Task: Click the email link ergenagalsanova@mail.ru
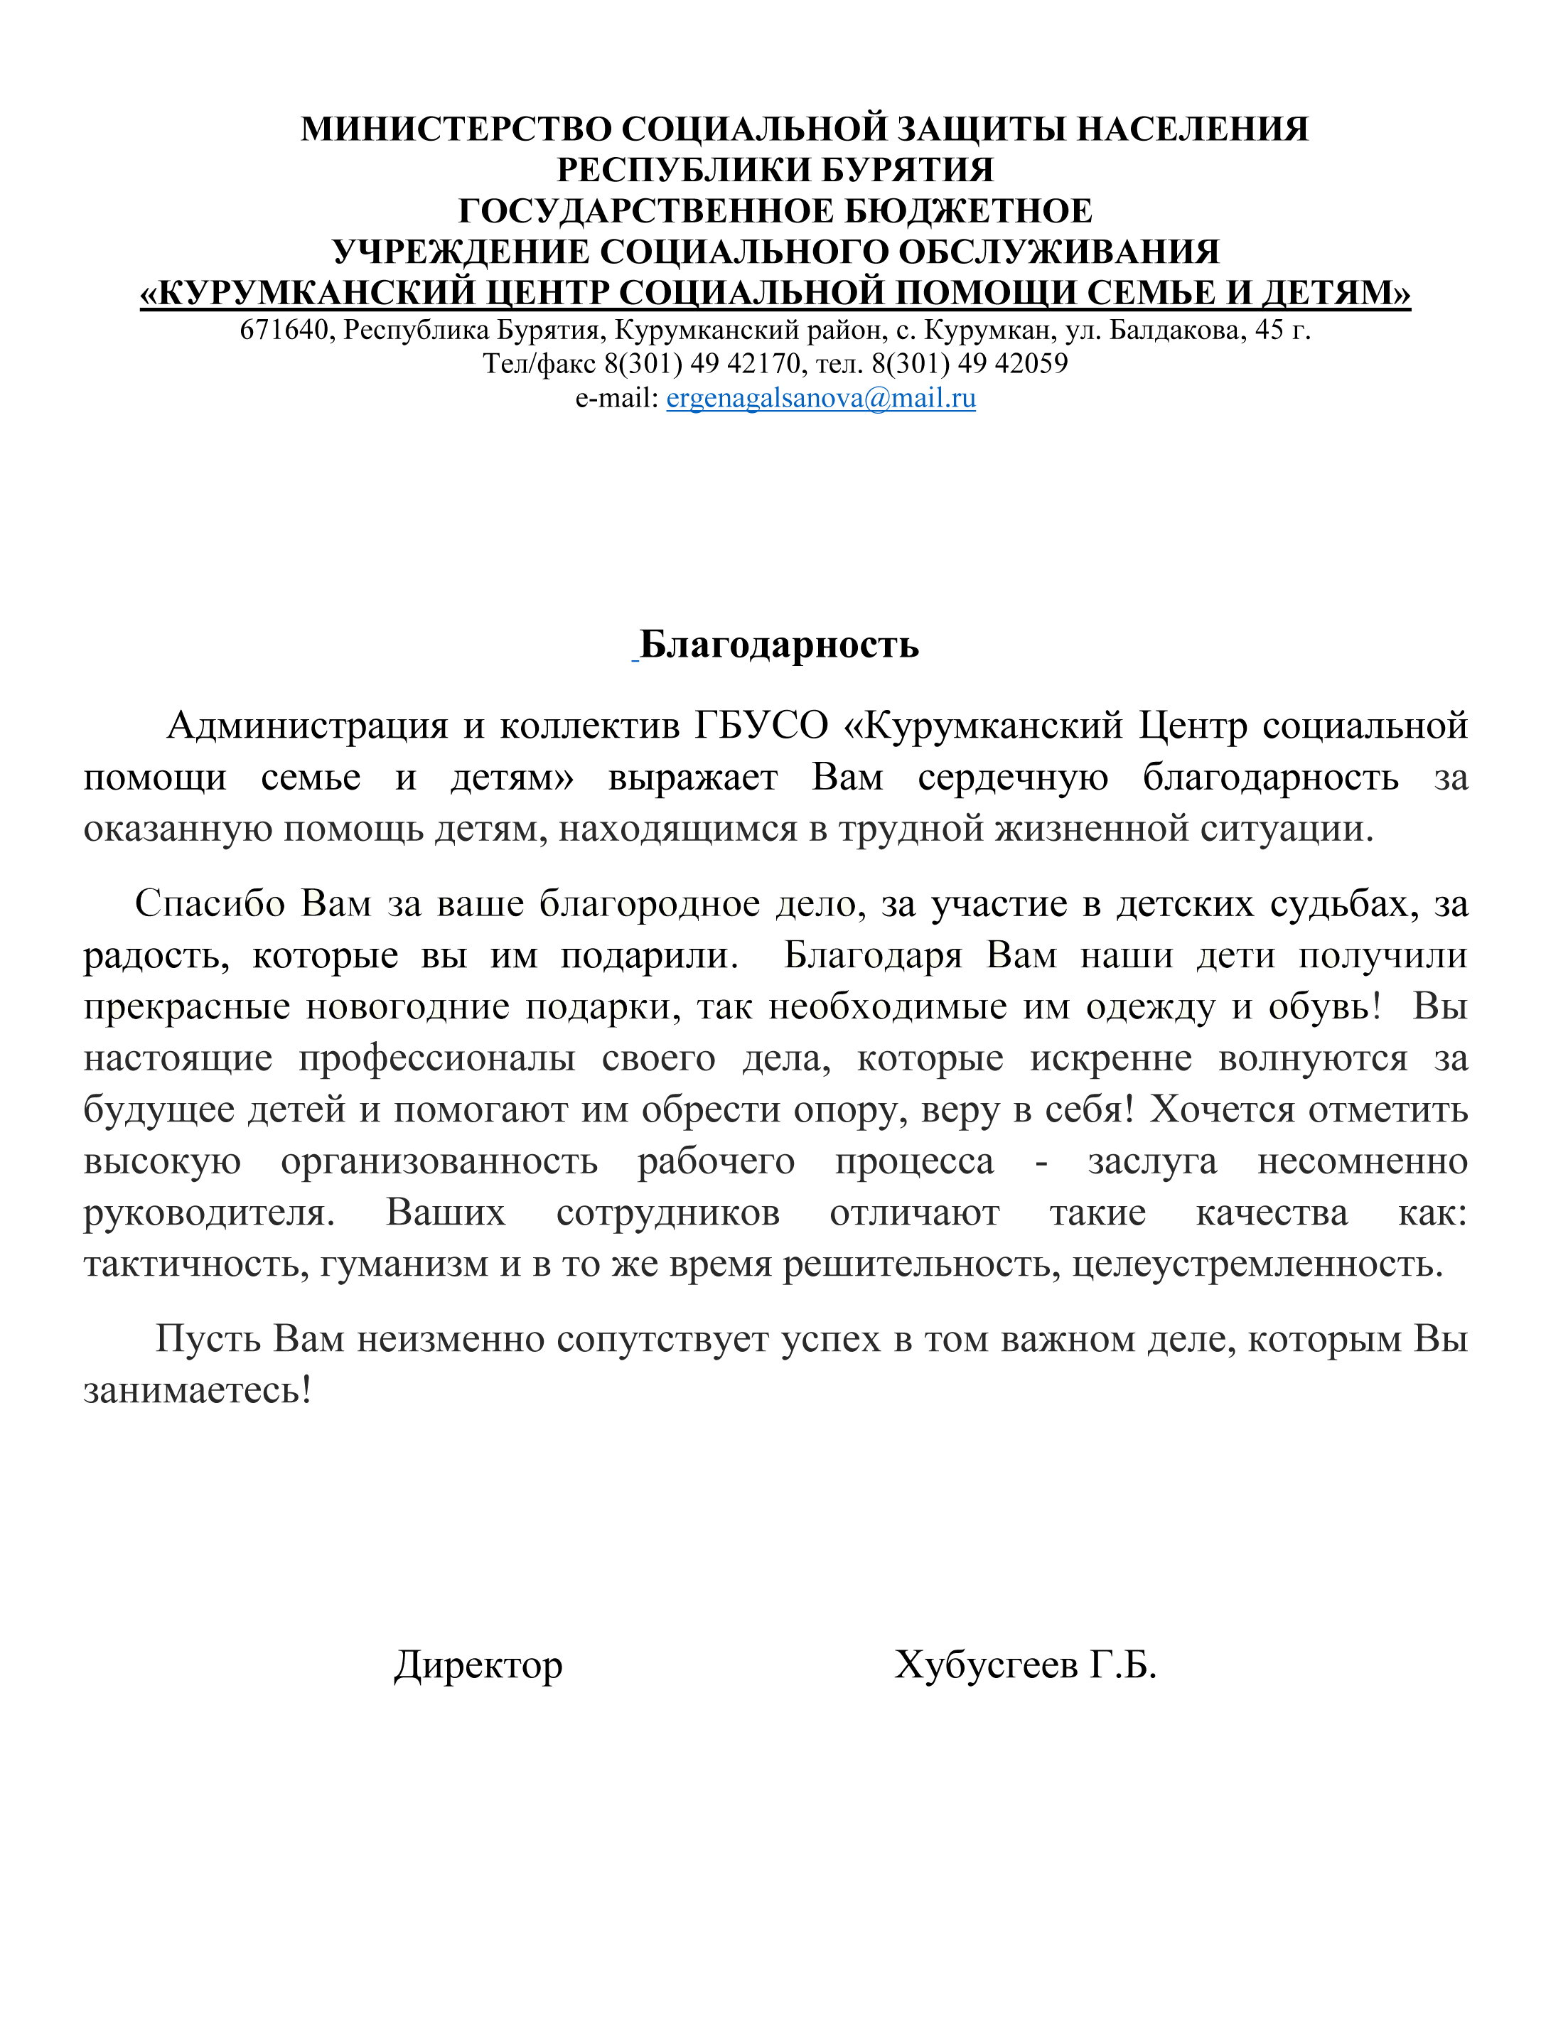point(820,398)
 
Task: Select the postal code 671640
point(284,330)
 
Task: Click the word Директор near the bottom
point(478,1665)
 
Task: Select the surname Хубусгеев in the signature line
point(985,1665)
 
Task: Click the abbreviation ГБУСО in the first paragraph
point(761,726)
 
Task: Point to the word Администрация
point(306,726)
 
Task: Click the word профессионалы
point(436,1058)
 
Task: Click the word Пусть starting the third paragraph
point(208,1339)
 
